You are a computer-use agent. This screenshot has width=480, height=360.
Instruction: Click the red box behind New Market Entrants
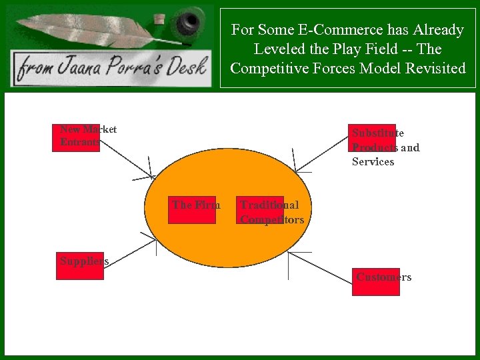(x=76, y=137)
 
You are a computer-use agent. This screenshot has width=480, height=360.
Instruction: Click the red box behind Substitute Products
(x=374, y=138)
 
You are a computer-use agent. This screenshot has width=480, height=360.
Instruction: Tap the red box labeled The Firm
(x=192, y=209)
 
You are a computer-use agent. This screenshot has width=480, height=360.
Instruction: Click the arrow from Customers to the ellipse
(x=320, y=266)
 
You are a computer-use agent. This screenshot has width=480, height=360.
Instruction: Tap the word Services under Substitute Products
(x=373, y=162)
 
